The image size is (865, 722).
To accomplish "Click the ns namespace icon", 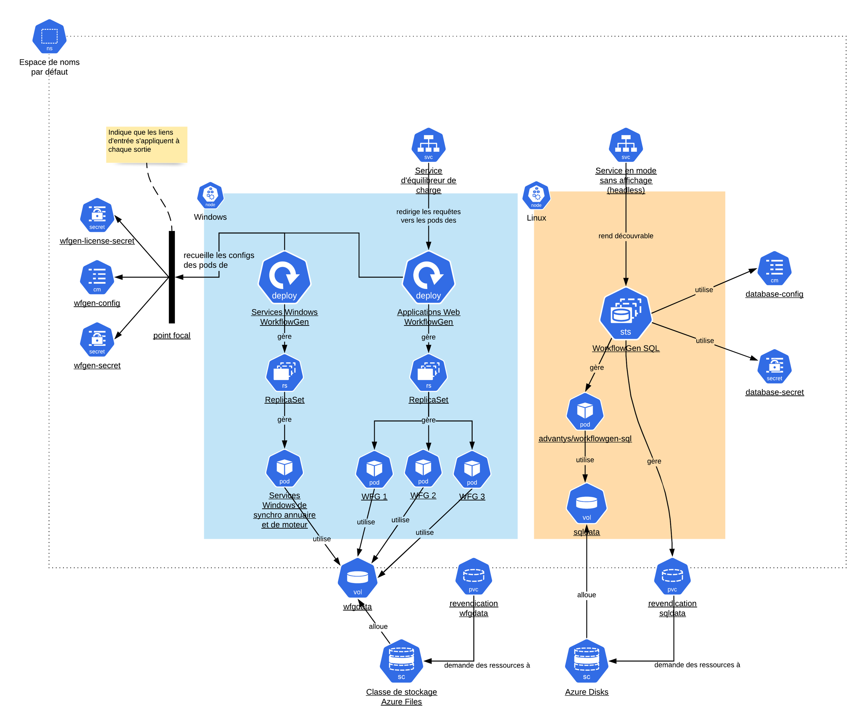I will click(x=50, y=36).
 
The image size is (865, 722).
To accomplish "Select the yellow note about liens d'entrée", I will click(x=147, y=145).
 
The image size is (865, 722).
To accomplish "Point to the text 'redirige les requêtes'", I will click(x=428, y=212).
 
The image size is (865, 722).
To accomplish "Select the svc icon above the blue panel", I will click(x=428, y=145).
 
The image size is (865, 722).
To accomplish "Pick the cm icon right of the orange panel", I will click(x=775, y=268).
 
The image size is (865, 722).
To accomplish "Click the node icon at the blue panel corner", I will click(x=210, y=195).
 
